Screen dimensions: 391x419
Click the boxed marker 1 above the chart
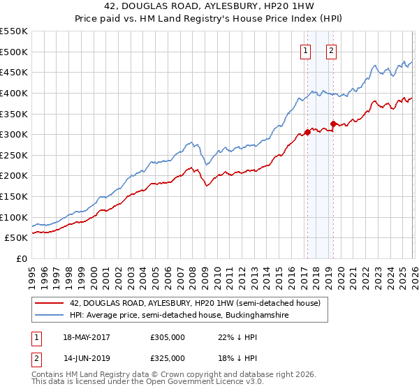(306, 50)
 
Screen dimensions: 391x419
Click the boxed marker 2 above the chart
(331, 50)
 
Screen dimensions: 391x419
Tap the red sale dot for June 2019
(333, 124)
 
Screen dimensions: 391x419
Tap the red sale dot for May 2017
(307, 132)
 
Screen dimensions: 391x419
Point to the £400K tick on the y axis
(14, 93)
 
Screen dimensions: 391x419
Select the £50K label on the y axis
(17, 238)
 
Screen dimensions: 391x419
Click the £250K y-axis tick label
(14, 155)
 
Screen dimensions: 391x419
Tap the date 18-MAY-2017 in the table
(85, 337)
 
